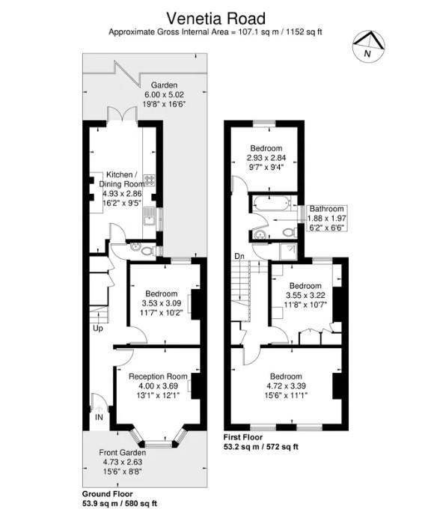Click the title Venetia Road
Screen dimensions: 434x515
pyautogui.click(x=216, y=19)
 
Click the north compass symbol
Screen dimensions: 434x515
pyautogui.click(x=368, y=46)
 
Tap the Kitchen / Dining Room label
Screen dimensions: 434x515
pyautogui.click(x=122, y=180)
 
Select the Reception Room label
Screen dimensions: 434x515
pyautogui.click(x=158, y=377)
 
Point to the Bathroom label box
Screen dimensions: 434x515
pyautogui.click(x=327, y=218)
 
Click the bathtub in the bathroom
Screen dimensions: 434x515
pyautogui.click(x=272, y=203)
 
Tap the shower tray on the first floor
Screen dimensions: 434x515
pyautogui.click(x=288, y=252)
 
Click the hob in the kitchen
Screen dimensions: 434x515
pyautogui.click(x=150, y=180)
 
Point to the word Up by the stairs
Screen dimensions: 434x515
pyautogui.click(x=98, y=328)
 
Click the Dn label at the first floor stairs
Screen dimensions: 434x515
pyautogui.click(x=239, y=255)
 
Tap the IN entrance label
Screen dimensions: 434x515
pyautogui.click(x=99, y=418)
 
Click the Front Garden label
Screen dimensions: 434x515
pyautogui.click(x=123, y=452)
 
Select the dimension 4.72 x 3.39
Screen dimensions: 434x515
pyautogui.click(x=286, y=386)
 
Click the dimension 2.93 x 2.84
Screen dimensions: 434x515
pyautogui.click(x=266, y=158)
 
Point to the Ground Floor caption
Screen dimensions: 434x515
pyautogui.click(x=107, y=494)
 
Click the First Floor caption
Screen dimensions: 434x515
pyautogui.click(x=243, y=437)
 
